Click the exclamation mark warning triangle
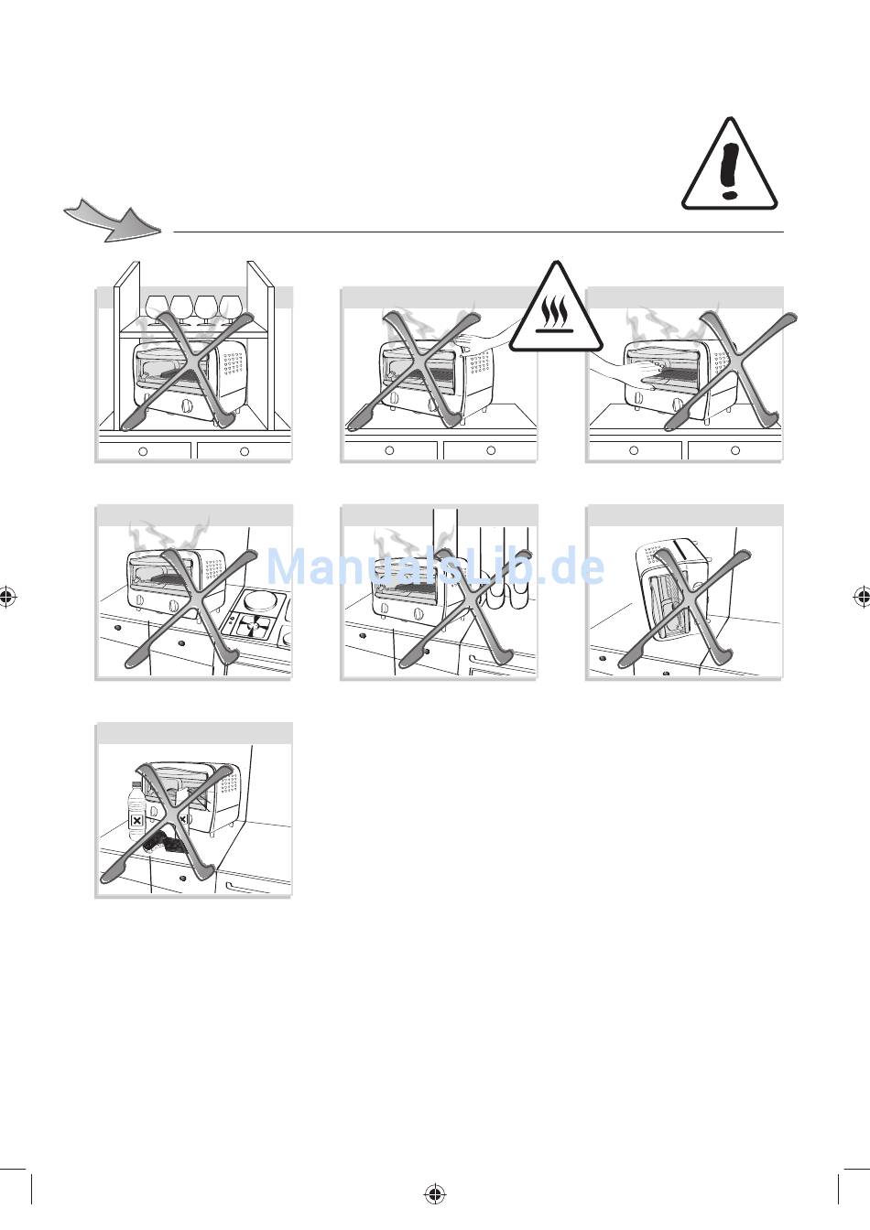729,165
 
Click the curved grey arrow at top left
112,220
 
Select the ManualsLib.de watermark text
436,567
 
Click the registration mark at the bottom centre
435,1193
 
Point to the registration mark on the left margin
8,597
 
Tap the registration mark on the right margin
861,597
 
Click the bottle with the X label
137,812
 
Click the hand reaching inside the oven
623,372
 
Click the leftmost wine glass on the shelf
158,307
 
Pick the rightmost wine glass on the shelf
230,307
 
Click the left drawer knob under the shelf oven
143,451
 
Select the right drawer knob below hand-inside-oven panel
735,451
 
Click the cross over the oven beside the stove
188,611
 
